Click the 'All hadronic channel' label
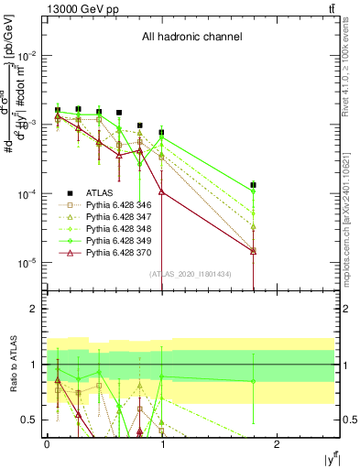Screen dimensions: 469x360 (x=191, y=37)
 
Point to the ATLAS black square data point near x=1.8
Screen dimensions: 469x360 (x=254, y=185)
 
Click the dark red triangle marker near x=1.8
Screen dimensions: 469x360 (x=254, y=250)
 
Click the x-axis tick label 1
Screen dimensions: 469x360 (x=162, y=443)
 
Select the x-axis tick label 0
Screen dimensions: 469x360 (x=47, y=443)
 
